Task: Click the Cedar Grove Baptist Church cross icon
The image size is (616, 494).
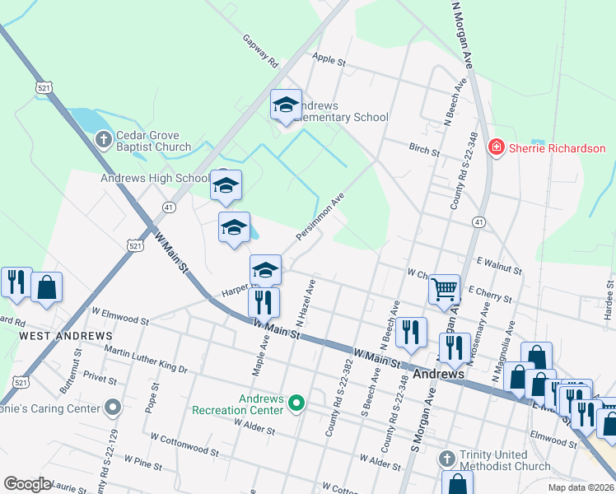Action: point(103,139)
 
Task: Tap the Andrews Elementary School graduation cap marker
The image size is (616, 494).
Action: point(286,105)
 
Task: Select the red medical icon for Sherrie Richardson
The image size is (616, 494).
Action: point(496,148)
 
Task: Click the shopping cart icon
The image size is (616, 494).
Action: point(444,289)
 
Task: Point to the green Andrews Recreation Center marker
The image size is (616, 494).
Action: point(298,403)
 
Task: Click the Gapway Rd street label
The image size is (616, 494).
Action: point(260,50)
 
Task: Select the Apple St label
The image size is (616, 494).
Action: point(329,59)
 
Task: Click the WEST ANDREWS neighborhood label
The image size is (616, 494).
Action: point(66,337)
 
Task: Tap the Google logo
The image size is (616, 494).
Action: point(27,484)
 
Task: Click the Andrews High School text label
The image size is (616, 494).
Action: point(155,178)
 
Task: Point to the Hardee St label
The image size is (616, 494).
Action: point(609,292)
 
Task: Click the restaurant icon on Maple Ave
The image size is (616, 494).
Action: point(264,301)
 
